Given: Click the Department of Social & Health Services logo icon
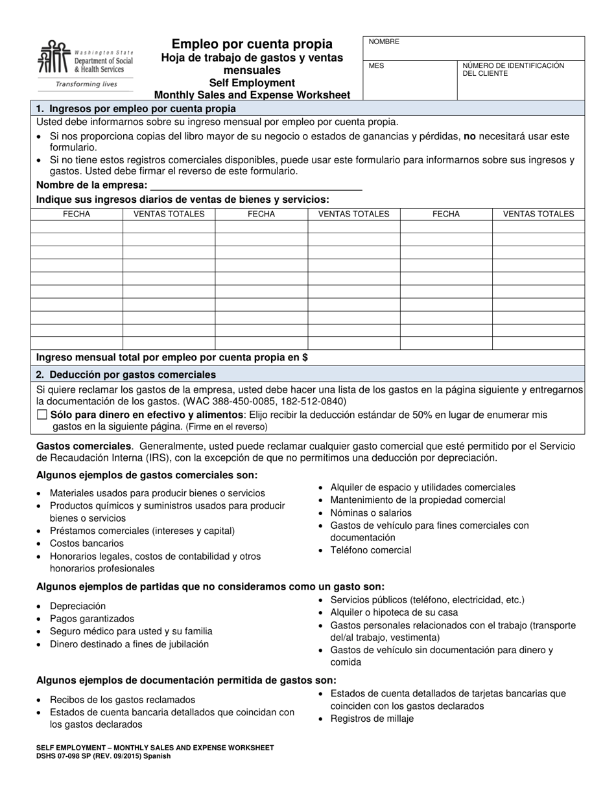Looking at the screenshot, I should point(53,58).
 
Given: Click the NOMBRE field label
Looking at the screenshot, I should point(384,42).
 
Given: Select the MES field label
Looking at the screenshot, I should point(376,66).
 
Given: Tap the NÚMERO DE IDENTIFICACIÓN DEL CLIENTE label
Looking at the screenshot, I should point(513,69).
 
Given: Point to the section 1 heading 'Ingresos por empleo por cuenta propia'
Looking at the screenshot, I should point(136,108).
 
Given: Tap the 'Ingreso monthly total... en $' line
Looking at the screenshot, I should point(172,357).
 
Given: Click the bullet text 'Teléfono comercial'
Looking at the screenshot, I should point(370,550).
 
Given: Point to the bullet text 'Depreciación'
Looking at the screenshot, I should point(77,606).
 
